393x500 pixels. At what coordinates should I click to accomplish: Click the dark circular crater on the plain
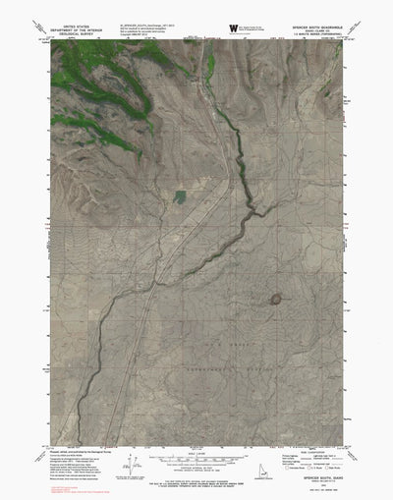(277, 299)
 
